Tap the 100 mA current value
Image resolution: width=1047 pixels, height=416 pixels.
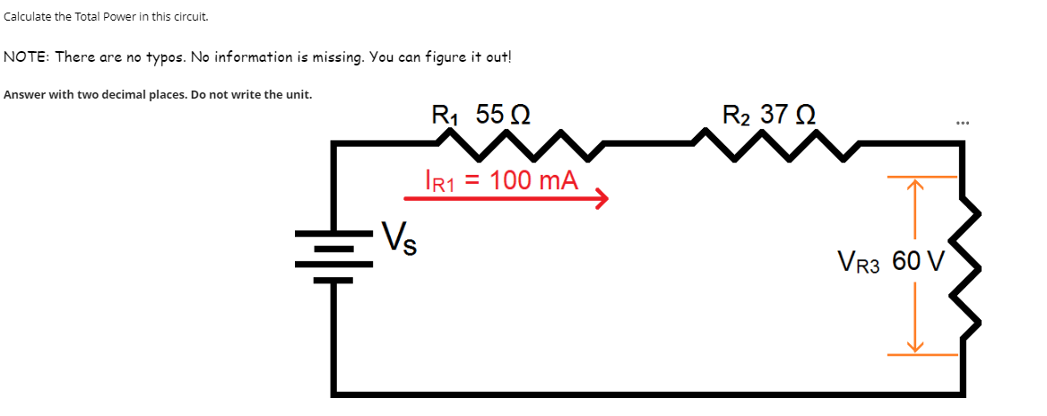[533, 180]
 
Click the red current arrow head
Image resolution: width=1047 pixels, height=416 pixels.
[601, 197]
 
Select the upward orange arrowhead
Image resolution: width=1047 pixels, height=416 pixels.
[914, 186]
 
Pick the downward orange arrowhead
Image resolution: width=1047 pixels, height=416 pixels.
[914, 346]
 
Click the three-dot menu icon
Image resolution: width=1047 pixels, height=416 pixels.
[963, 122]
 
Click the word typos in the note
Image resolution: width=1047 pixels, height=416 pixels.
[161, 57]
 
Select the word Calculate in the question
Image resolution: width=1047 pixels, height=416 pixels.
[28, 17]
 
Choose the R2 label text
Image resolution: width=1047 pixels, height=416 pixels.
[737, 116]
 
